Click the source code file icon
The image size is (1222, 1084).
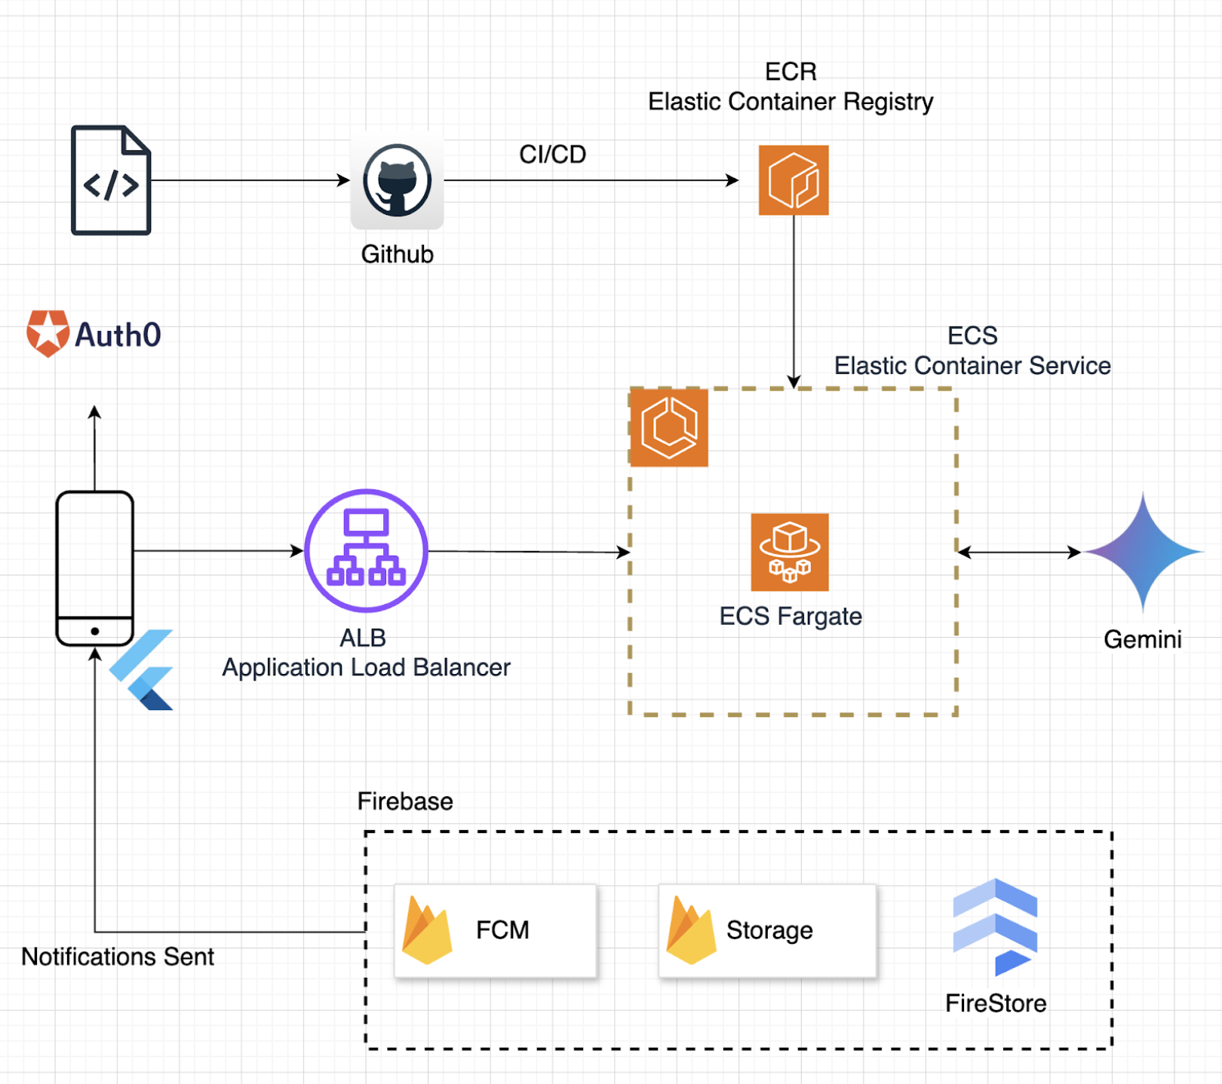click(x=111, y=180)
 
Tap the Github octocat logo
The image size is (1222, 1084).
click(x=397, y=181)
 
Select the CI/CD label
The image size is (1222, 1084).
click(x=552, y=155)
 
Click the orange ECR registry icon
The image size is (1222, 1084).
click(x=793, y=180)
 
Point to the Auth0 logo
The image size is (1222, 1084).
click(x=94, y=334)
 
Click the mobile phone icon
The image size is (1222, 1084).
click(x=95, y=568)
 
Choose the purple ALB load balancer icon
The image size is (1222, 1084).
click(x=367, y=550)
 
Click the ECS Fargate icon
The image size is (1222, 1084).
click(x=790, y=552)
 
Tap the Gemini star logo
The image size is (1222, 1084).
click(x=1143, y=552)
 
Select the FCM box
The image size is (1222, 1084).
click(x=496, y=931)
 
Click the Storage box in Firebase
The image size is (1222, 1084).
click(x=767, y=931)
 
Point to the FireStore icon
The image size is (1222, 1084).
click(x=995, y=928)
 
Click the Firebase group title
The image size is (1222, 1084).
click(x=405, y=801)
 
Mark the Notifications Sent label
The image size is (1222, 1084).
click(x=118, y=957)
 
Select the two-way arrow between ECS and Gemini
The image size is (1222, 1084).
click(x=1018, y=553)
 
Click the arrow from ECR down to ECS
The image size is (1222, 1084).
click(x=794, y=302)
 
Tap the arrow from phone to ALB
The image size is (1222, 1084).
click(x=219, y=551)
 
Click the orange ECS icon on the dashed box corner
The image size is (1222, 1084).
click(x=669, y=427)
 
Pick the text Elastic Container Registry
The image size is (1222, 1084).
click(x=791, y=102)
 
